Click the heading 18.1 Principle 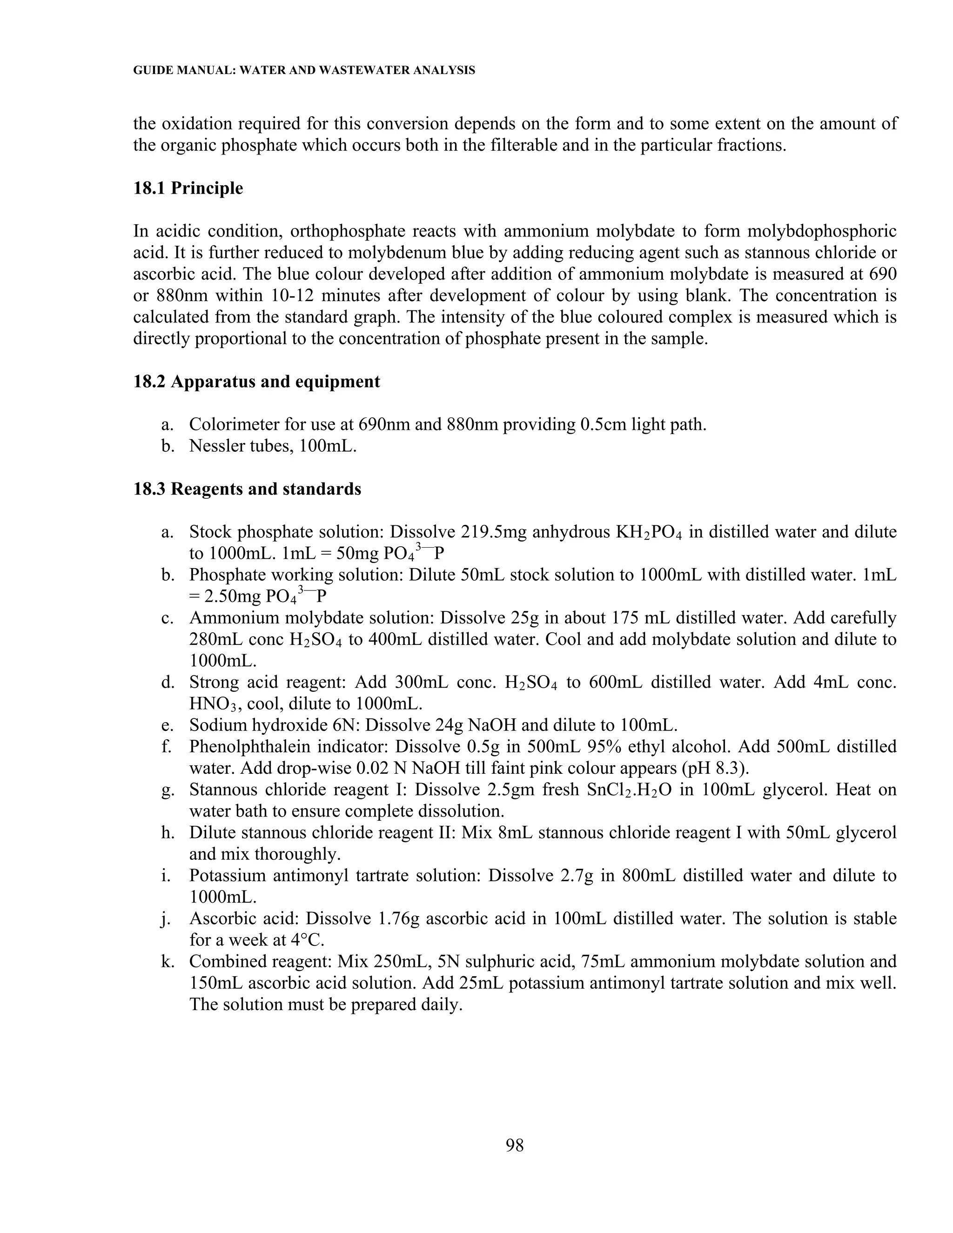tap(188, 188)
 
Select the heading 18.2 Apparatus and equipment tap(256, 382)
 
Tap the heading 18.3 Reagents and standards tap(247, 489)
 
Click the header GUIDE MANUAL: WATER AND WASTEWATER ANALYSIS tap(304, 71)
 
